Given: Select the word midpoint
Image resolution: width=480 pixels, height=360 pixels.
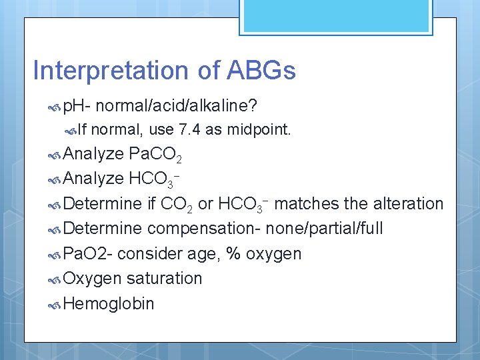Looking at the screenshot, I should (x=259, y=129).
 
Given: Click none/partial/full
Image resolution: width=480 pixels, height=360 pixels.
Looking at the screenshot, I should (x=324, y=229).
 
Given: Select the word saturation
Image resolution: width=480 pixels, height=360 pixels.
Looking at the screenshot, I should (x=164, y=279).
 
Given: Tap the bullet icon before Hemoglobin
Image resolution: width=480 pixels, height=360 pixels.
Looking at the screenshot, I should (x=56, y=305).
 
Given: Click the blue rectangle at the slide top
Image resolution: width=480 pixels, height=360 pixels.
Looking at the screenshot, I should (x=303, y=15).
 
